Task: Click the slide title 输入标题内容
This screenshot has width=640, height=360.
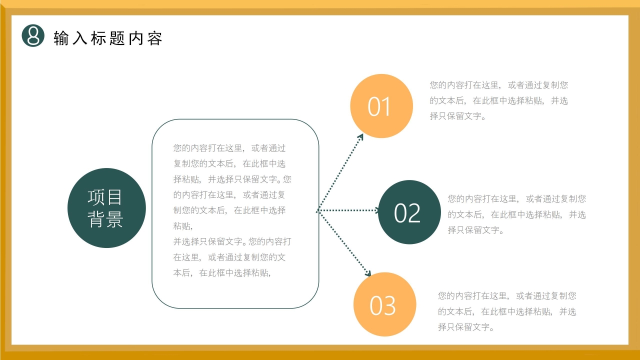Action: tap(108, 38)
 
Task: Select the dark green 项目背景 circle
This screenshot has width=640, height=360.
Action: tap(106, 208)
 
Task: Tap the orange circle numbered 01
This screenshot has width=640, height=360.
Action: tap(381, 106)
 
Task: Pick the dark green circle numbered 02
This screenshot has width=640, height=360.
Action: tap(409, 212)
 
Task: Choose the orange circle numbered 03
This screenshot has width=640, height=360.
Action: tap(384, 304)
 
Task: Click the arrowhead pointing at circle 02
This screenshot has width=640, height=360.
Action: tap(376, 210)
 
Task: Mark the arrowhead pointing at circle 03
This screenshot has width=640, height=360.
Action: tap(368, 273)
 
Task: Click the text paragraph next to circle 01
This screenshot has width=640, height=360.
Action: tap(498, 100)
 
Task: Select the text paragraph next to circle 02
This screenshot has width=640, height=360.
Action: tap(516, 214)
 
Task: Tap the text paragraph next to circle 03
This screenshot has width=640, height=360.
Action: tap(507, 311)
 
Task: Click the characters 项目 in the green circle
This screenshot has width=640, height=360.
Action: tap(105, 197)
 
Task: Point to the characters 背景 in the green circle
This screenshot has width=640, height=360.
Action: tap(105, 219)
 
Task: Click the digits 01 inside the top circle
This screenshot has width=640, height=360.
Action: tap(379, 106)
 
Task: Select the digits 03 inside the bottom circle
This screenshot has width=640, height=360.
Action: tap(382, 305)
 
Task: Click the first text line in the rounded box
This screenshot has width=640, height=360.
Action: tap(229, 148)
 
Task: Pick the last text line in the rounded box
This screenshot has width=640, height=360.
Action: tap(222, 272)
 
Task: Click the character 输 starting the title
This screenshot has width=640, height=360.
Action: tap(61, 38)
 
